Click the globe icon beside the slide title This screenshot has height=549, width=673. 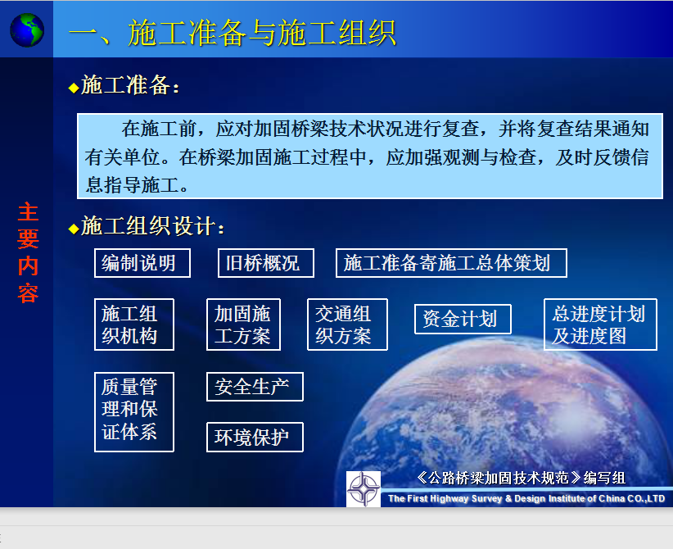pyautogui.click(x=27, y=30)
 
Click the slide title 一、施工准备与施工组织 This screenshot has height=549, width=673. pyautogui.click(x=233, y=33)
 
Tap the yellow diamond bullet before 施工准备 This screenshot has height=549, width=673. pyautogui.click(x=74, y=88)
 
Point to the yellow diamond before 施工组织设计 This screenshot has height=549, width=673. pyautogui.click(x=74, y=229)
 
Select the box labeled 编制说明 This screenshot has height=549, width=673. pyautogui.click(x=142, y=263)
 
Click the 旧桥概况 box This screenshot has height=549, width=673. pyautogui.click(x=266, y=263)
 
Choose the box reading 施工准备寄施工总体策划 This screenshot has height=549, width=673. pyautogui.click(x=451, y=263)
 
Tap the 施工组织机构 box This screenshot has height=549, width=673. pyautogui.click(x=134, y=324)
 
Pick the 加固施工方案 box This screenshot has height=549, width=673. pyautogui.click(x=243, y=324)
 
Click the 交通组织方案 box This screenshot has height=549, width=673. pyautogui.click(x=347, y=324)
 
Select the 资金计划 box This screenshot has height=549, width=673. pyautogui.click(x=463, y=319)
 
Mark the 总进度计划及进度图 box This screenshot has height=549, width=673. pyautogui.click(x=600, y=324)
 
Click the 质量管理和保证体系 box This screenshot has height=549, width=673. pyautogui.click(x=134, y=412)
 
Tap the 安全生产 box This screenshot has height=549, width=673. pyautogui.click(x=255, y=387)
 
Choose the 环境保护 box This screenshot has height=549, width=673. pyautogui.click(x=255, y=437)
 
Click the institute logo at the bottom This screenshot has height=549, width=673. pyautogui.click(x=364, y=489)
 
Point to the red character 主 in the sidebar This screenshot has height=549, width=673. pyautogui.click(x=29, y=212)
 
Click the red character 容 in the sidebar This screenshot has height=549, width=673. pyautogui.click(x=29, y=293)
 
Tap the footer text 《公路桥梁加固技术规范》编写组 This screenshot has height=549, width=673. pyautogui.click(x=521, y=478)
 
